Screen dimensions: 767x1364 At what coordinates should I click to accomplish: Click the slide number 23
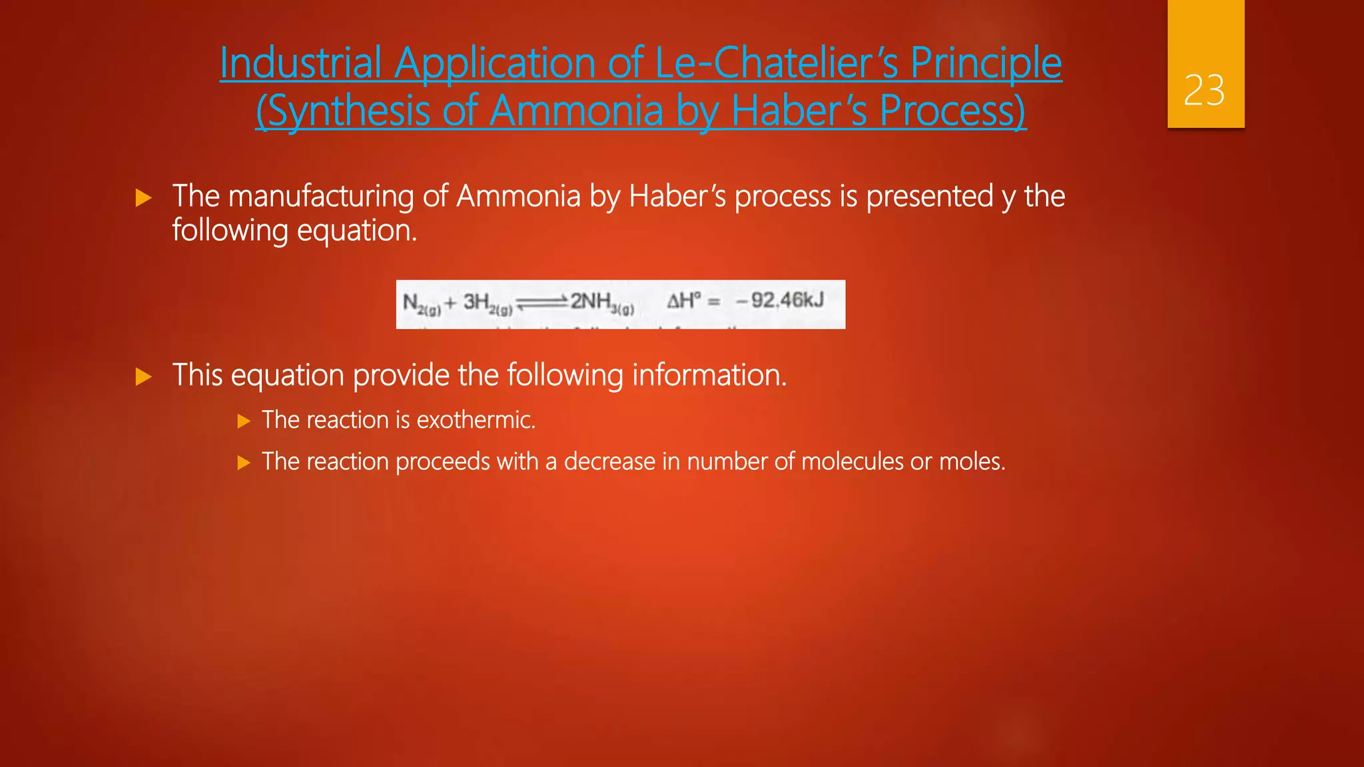1204,91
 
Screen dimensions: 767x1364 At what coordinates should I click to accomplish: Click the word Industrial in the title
300,63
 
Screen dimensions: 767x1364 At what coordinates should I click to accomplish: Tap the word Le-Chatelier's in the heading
777,63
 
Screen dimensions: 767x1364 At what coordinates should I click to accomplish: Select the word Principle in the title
986,63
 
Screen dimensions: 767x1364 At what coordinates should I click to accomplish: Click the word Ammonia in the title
576,111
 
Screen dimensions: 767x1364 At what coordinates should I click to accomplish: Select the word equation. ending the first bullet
357,231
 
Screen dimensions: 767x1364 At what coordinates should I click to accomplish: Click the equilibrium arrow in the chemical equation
541,303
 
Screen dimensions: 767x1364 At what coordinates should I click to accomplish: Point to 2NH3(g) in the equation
601,303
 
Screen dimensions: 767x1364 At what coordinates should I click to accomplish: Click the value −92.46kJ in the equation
780,301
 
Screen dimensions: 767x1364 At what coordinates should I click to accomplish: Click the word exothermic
476,420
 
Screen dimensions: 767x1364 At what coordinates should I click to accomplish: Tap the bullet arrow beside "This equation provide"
143,377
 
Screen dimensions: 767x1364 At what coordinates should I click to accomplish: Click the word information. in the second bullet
709,375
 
